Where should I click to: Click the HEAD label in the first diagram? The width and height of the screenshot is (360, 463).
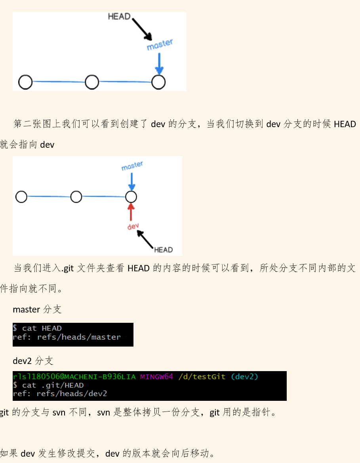119,16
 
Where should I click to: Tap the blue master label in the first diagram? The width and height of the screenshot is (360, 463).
160,44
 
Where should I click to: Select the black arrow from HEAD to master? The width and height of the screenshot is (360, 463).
142,29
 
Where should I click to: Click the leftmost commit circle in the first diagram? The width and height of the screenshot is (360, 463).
25,82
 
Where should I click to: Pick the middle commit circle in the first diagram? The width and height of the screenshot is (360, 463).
92,82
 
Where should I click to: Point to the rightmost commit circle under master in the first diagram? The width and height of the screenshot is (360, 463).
158,82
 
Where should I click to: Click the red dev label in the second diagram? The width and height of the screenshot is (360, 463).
133,226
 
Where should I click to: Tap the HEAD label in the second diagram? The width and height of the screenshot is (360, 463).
163,250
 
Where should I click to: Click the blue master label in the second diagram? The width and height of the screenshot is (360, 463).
132,166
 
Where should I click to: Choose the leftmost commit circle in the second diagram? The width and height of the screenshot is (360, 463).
21,196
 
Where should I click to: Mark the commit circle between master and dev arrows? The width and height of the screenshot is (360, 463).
131,196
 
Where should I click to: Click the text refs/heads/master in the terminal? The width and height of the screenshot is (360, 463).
79,337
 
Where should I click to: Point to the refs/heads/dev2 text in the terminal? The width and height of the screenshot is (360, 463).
72,394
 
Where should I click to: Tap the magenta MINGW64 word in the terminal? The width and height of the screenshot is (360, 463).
156,377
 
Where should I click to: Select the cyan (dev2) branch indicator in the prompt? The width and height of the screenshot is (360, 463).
244,377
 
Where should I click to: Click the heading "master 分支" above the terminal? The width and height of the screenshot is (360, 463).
37,310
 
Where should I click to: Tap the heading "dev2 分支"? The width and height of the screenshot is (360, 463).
33,361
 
